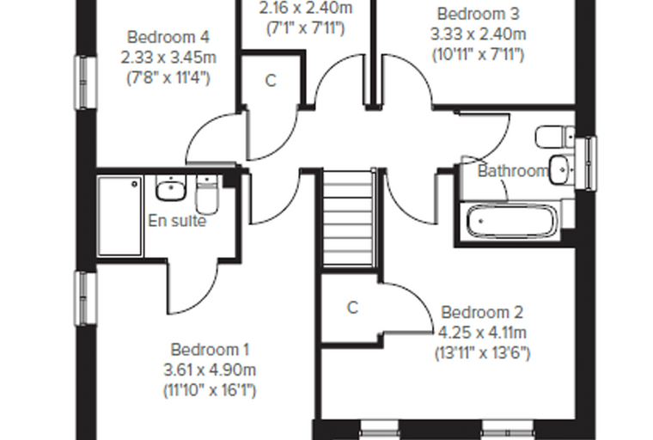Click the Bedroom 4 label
click(x=168, y=37)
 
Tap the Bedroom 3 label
click(x=478, y=14)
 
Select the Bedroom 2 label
click(x=482, y=312)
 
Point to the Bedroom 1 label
click(x=210, y=350)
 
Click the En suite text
click(x=177, y=221)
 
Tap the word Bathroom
click(x=513, y=171)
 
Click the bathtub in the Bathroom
click(x=512, y=222)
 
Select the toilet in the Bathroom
click(x=555, y=137)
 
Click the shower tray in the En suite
click(x=120, y=216)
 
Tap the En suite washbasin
click(x=170, y=188)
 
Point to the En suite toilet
click(x=206, y=194)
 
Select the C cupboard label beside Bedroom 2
click(x=352, y=308)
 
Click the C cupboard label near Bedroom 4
click(x=271, y=81)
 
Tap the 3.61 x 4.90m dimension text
click(x=210, y=370)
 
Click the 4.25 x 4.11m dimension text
click(x=482, y=333)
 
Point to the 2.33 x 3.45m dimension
click(x=168, y=58)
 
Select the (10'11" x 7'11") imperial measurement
click(x=478, y=55)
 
